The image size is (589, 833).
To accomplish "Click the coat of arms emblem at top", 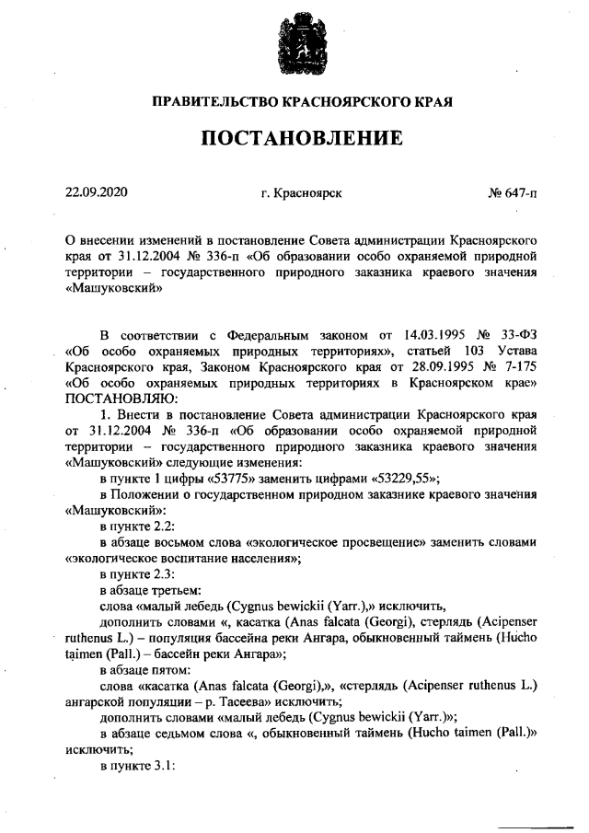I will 294,46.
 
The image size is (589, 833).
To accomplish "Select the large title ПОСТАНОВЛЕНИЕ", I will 294,138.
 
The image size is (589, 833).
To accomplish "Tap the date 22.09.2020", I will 96,192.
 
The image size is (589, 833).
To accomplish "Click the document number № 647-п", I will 513,193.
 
